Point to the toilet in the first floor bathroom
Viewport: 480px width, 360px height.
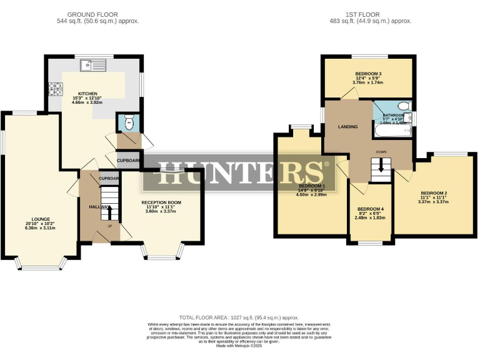tap(404, 106)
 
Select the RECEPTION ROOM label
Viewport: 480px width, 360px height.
tap(161, 202)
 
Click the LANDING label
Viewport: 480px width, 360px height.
tap(347, 127)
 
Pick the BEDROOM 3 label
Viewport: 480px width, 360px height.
tap(368, 72)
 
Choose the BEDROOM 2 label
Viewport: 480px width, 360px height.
tap(434, 192)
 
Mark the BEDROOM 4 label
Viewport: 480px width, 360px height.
tap(371, 208)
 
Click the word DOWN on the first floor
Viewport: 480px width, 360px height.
tap(381, 152)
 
